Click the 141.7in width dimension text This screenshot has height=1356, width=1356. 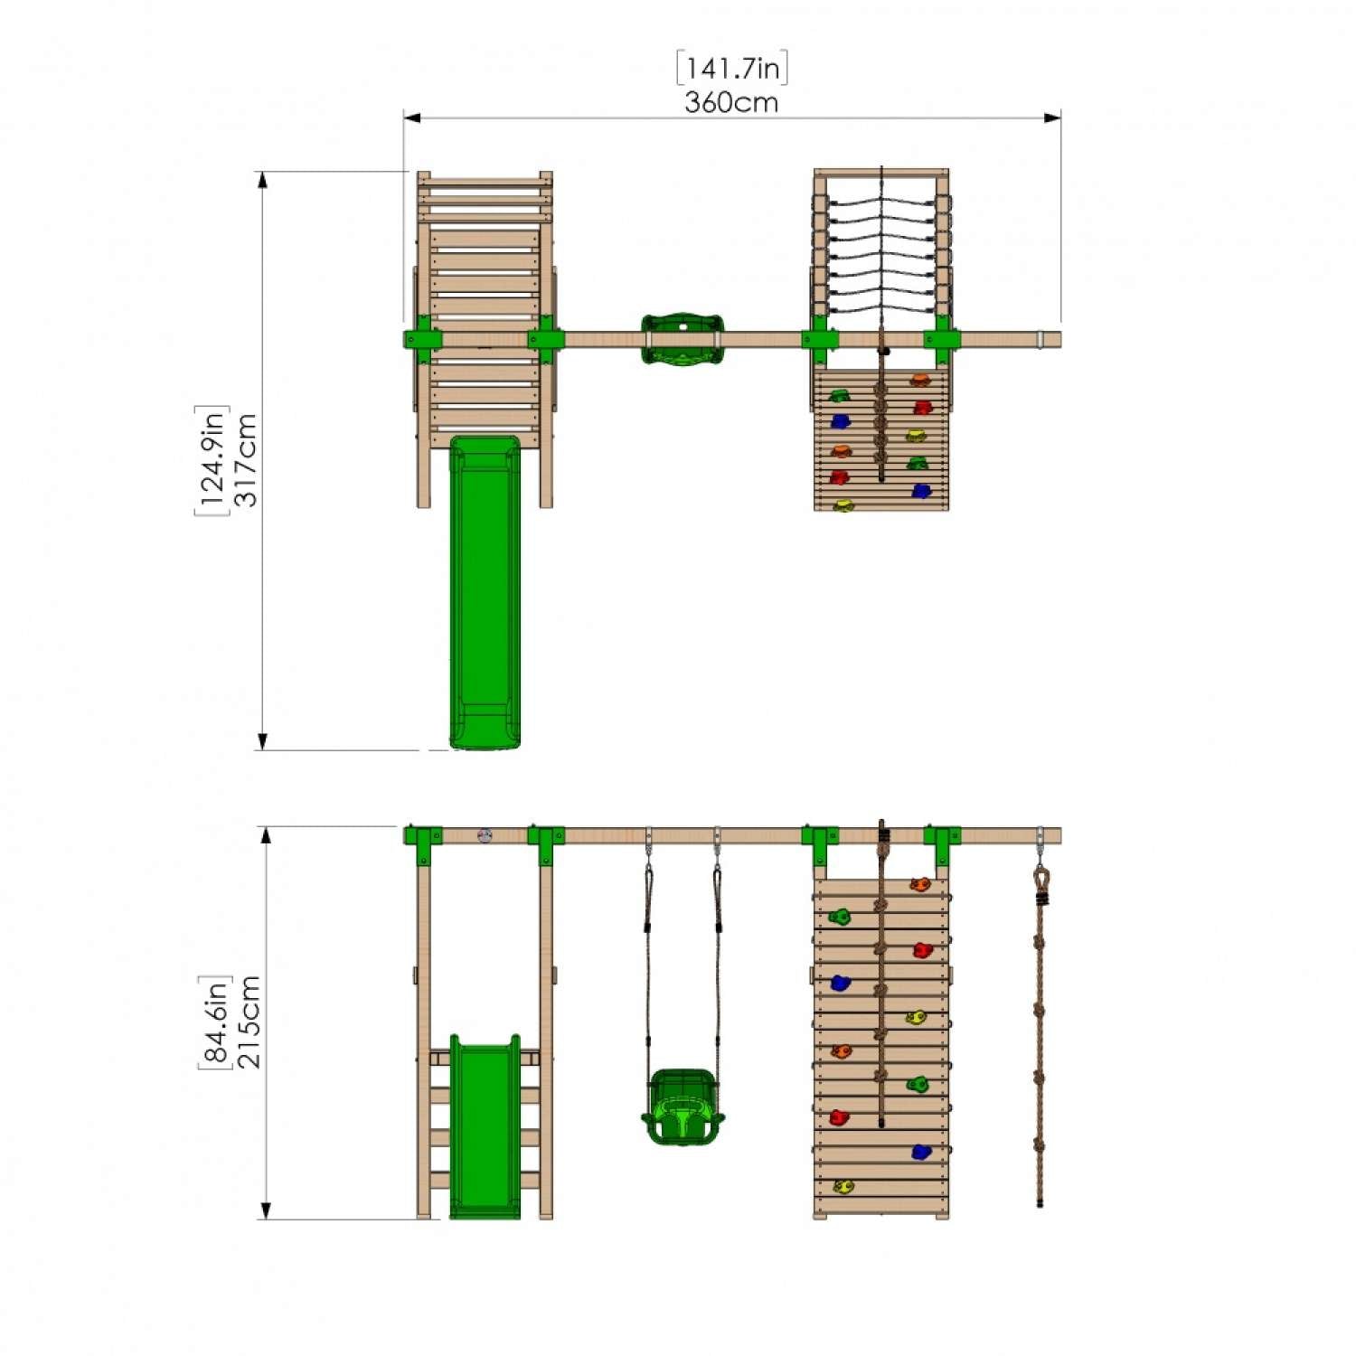pyautogui.click(x=732, y=69)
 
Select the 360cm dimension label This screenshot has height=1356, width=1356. pyautogui.click(x=731, y=102)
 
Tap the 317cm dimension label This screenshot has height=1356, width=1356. pyautogui.click(x=245, y=460)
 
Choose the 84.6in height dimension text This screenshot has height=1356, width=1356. pyautogui.click(x=214, y=1022)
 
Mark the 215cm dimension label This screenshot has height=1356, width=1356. pyautogui.click(x=249, y=1022)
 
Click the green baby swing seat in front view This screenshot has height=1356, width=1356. pyautogui.click(x=683, y=1106)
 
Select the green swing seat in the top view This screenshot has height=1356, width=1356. pyautogui.click(x=683, y=340)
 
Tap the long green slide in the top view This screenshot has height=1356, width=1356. pyautogui.click(x=485, y=592)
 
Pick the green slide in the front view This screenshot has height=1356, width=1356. pyautogui.click(x=485, y=1126)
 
